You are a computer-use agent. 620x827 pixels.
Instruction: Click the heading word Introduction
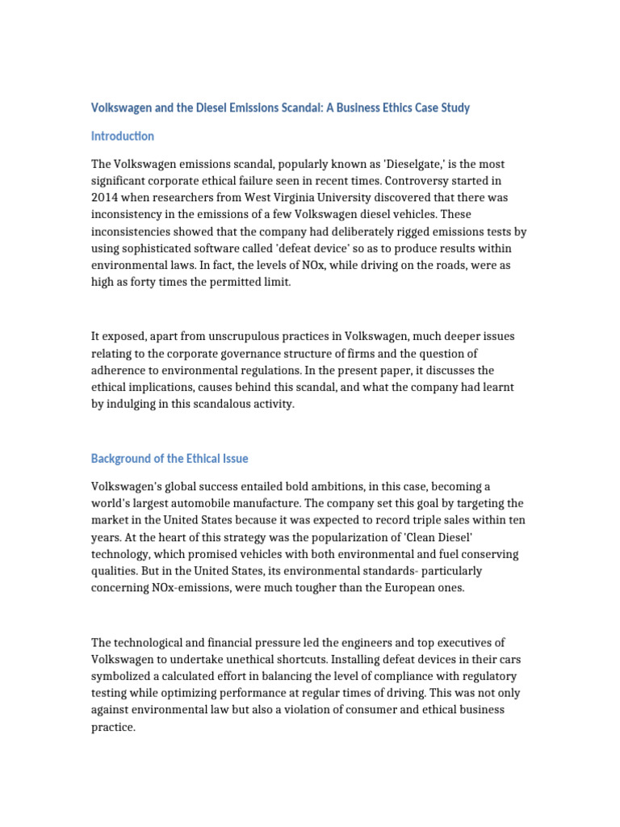pyautogui.click(x=123, y=136)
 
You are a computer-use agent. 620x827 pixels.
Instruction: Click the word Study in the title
pyautogui.click(x=455, y=107)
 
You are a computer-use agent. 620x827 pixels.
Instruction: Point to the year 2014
pyautogui.click(x=104, y=198)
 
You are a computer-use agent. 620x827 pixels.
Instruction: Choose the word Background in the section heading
pyautogui.click(x=121, y=458)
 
